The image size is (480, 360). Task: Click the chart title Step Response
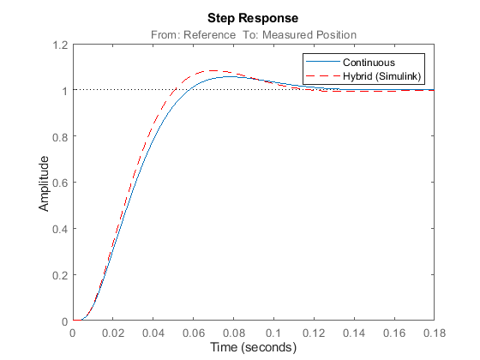coord(253,18)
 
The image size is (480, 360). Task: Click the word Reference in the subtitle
coord(210,35)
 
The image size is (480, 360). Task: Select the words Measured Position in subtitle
coord(309,35)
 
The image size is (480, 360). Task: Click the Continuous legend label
coord(369,63)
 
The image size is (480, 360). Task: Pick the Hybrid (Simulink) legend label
coord(382,76)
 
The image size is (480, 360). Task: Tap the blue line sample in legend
coord(323,62)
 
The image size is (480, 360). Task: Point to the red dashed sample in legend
coord(323,75)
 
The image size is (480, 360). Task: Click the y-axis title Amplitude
coord(44,183)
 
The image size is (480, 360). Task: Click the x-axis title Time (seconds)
coord(253,348)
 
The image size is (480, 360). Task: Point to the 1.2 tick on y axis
coord(60,45)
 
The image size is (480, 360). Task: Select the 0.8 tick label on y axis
coord(60,137)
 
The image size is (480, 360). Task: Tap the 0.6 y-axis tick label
coord(60,183)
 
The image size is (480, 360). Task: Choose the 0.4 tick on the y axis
coord(60,230)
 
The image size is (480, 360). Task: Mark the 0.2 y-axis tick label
coord(60,275)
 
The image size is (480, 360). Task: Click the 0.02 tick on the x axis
coord(113,333)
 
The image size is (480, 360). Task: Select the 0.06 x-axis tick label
coord(194,333)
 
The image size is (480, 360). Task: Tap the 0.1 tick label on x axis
coord(273,333)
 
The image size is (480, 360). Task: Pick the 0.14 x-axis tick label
coord(354,333)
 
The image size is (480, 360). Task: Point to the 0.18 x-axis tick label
coord(435,333)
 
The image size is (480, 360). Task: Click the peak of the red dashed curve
coord(213,70)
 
